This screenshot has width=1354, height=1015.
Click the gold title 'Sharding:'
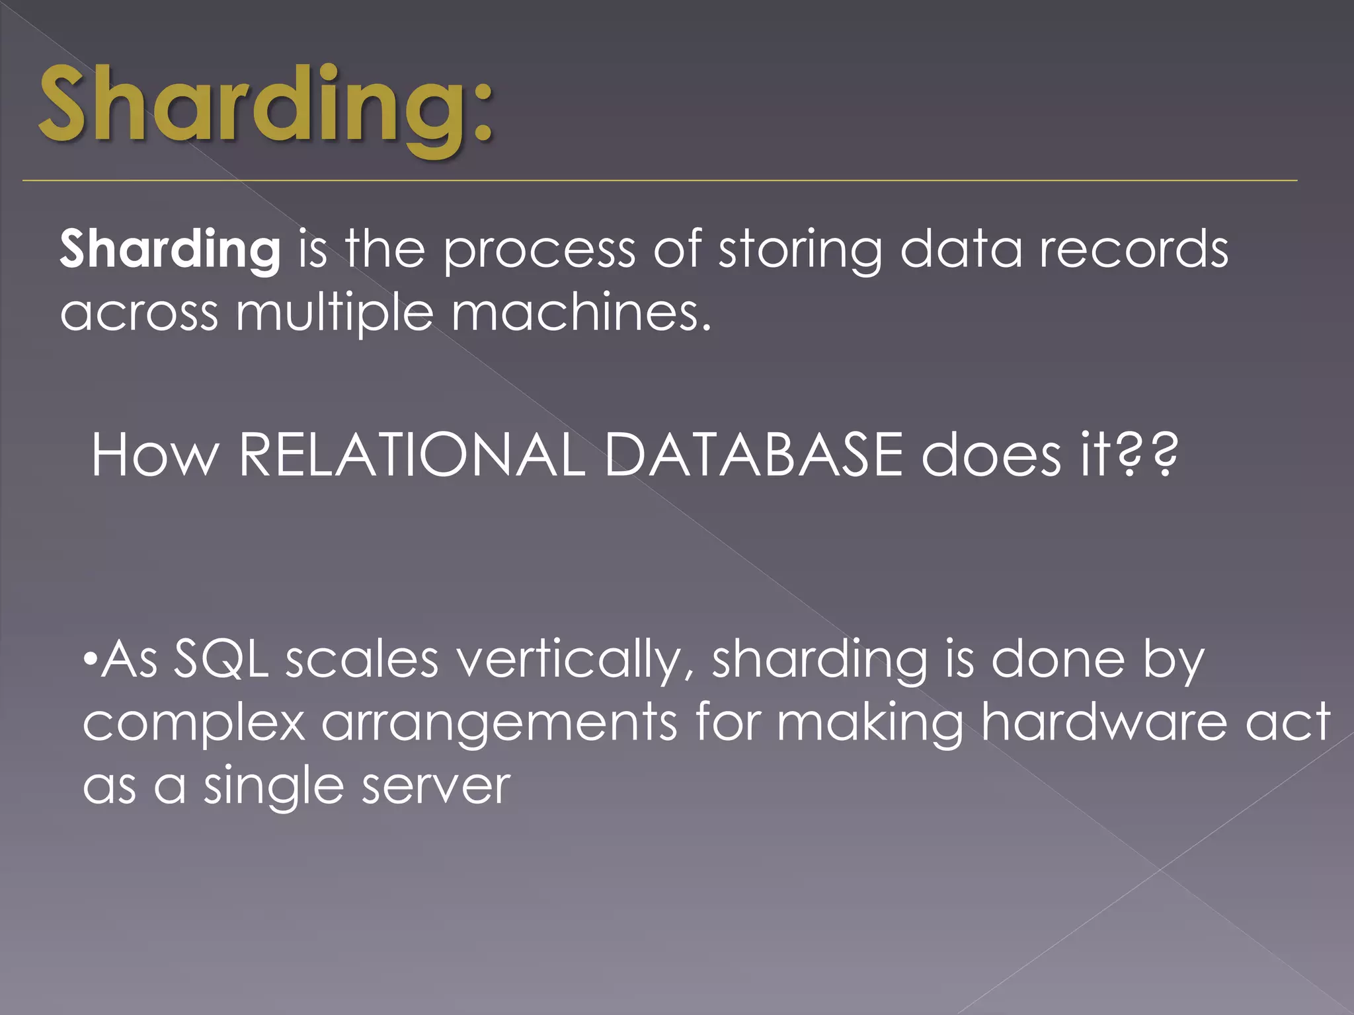[264, 106]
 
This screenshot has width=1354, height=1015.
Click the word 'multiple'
[335, 313]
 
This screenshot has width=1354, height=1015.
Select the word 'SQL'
[221, 660]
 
